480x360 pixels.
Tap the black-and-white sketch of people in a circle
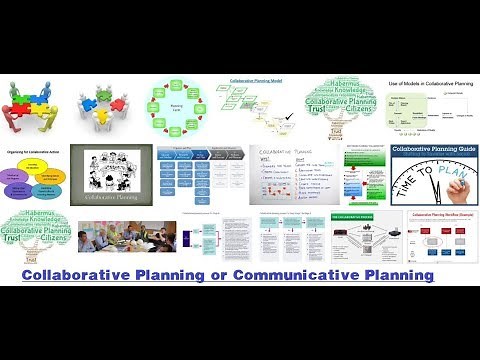tap(112, 168)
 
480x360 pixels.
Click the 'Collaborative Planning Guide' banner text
tap(431, 156)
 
